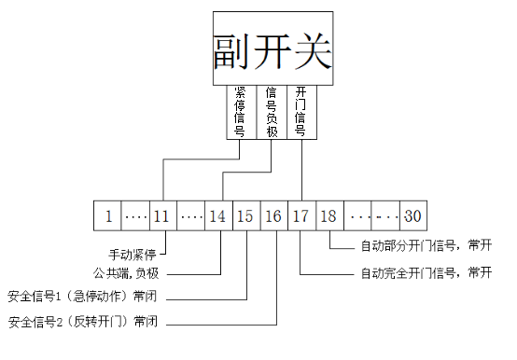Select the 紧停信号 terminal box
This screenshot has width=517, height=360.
(240, 112)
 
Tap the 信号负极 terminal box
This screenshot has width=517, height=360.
(271, 112)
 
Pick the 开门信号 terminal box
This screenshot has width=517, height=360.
(300, 112)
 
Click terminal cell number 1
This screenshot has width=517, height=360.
(108, 216)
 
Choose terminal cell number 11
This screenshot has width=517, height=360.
(162, 216)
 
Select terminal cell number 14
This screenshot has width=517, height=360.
(217, 216)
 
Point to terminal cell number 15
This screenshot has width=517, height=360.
(245, 216)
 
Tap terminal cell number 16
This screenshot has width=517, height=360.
(273, 216)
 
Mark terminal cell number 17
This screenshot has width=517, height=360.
(300, 216)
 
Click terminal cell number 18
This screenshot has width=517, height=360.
(328, 216)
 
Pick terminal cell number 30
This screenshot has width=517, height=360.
(412, 216)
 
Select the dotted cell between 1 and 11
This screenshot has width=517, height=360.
(136, 216)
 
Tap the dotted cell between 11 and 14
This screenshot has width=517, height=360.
(190, 216)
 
